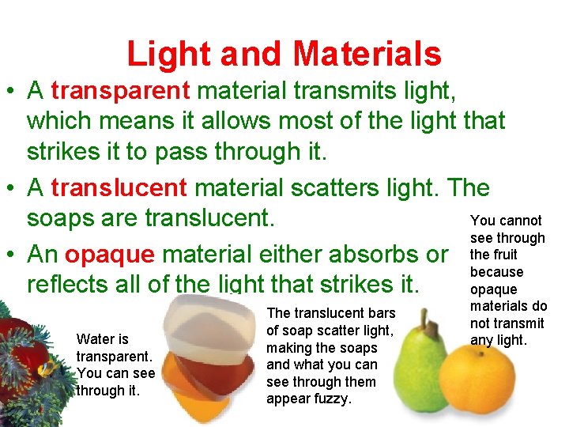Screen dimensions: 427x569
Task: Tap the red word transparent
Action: coord(120,91)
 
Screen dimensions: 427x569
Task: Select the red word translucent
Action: coord(119,188)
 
